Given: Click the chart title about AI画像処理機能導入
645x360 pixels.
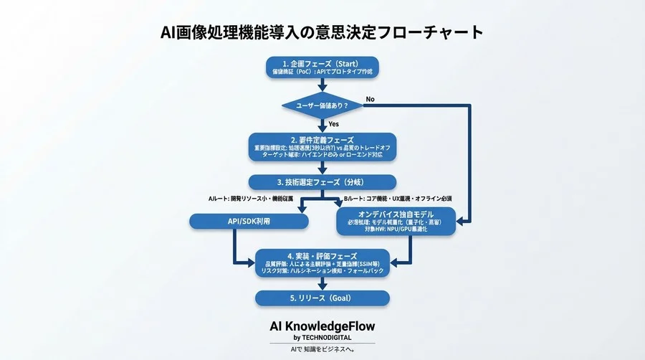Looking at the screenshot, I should [322, 33].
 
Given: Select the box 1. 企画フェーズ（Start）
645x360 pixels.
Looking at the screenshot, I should [322, 67].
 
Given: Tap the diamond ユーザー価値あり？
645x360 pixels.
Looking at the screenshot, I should [322, 106].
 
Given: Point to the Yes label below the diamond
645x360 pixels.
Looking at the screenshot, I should [335, 124].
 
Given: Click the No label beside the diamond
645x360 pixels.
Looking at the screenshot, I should [371, 98].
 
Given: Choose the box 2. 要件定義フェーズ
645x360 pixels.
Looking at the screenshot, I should [322, 147].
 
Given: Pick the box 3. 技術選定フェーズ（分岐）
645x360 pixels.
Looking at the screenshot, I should [322, 182].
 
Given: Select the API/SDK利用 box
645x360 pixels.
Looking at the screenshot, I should [249, 222].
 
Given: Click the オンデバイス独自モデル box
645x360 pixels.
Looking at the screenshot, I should [396, 222].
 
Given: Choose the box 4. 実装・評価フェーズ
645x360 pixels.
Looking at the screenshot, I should [322, 262].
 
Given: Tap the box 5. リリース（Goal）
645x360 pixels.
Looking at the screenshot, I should [322, 298].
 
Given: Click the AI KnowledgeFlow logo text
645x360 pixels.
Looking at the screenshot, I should [322, 326].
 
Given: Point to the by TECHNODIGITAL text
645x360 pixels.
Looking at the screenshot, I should [322, 338].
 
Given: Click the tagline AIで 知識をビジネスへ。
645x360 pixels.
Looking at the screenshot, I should [322, 350].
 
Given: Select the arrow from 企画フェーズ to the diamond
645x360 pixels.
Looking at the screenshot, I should [322, 85].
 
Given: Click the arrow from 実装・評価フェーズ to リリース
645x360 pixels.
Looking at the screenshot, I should [322, 282].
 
